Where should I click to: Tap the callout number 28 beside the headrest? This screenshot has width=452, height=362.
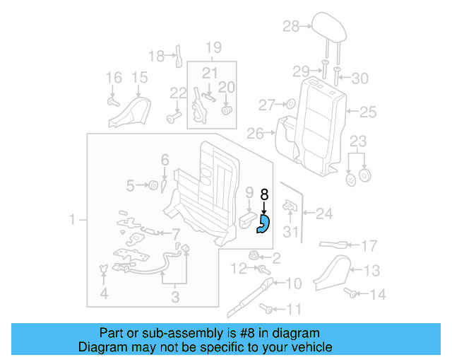coord(291,27)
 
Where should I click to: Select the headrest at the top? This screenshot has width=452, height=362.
coord(328,28)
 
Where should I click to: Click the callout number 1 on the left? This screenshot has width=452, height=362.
coord(72,221)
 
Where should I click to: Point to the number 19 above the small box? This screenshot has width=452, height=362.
coord(213,48)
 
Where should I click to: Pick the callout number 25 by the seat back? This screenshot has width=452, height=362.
coord(368,112)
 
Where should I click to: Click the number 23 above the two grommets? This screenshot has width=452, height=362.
coord(359,140)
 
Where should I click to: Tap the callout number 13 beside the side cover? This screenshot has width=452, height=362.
coord(371,269)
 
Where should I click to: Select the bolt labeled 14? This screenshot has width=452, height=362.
coord(350,291)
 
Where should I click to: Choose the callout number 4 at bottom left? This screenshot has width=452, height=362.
coord(105,294)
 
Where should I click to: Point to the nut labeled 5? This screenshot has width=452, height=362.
coord(152,186)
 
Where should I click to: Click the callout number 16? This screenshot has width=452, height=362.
coord(113,78)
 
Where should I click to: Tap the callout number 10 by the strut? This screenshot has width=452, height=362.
coord(293,284)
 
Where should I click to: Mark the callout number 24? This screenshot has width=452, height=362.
coord(323,211)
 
